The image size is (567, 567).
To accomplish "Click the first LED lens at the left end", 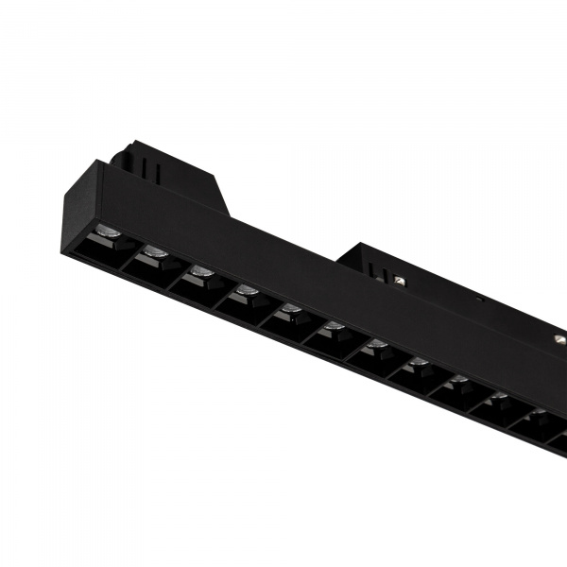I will (x=107, y=232).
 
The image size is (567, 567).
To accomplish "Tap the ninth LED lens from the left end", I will (x=459, y=380).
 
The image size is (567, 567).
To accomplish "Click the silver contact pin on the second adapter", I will (x=400, y=280).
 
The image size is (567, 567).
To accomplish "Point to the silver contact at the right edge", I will (x=561, y=336).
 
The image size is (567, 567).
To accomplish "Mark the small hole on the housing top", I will (x=479, y=301).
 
